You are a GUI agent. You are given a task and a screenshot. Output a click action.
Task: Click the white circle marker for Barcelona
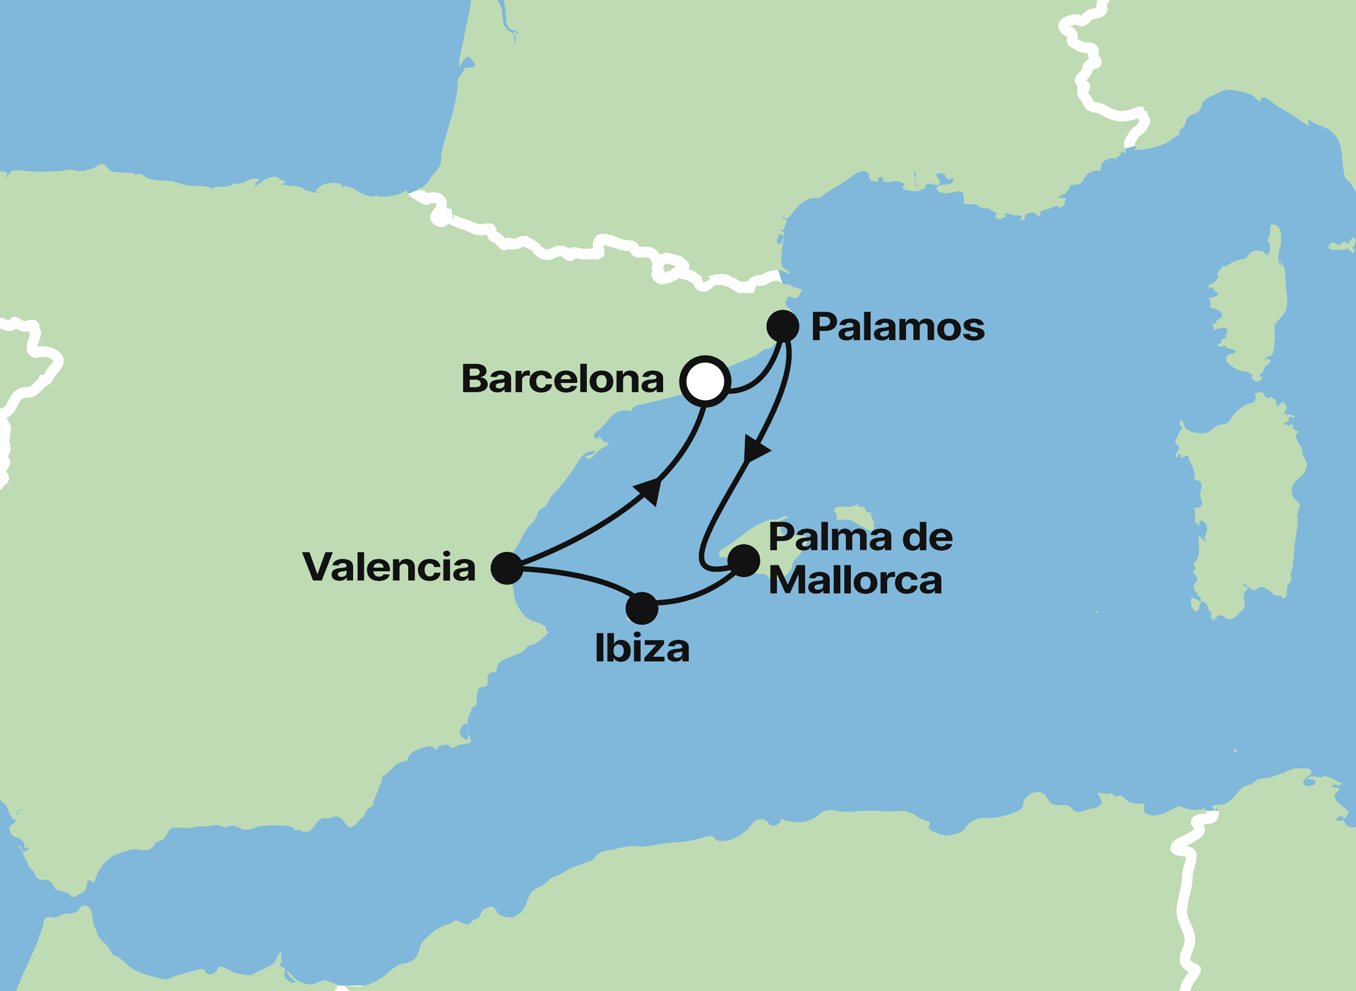point(705,381)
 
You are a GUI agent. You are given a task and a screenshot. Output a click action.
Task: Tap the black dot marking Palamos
point(783,327)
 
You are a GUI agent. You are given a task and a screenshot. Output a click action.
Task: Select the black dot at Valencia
point(506,568)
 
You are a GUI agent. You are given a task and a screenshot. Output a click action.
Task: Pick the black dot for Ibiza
point(642,608)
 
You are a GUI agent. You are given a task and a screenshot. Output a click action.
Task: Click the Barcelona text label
point(562,380)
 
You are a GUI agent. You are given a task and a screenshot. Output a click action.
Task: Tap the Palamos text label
point(897,327)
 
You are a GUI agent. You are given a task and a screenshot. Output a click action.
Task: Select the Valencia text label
point(389,568)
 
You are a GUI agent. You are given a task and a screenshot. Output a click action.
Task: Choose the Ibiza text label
point(642,649)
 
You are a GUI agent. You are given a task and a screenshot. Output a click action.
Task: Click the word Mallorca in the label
point(855,581)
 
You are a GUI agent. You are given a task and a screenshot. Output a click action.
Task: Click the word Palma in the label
point(819,538)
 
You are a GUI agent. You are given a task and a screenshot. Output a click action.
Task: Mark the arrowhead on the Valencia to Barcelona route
point(650,490)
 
